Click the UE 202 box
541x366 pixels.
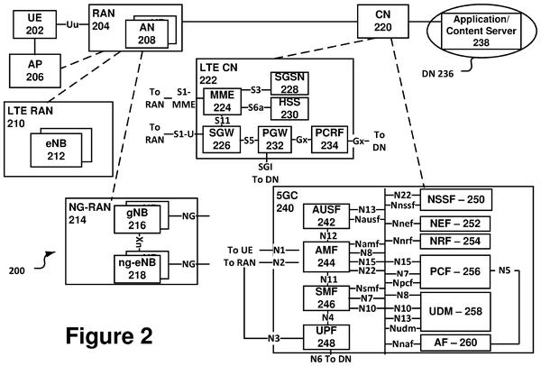click(x=35, y=24)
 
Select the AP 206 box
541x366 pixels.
click(x=35, y=71)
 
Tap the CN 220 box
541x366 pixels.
click(x=383, y=21)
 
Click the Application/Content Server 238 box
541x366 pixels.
click(x=481, y=31)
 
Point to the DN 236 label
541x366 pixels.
click(x=437, y=74)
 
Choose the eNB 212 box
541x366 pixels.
click(x=56, y=150)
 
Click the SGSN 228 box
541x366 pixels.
click(x=289, y=83)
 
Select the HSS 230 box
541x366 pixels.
click(x=289, y=109)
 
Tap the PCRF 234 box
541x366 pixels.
click(x=329, y=140)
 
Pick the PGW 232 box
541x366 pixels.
click(x=275, y=140)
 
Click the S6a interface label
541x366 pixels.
click(x=256, y=107)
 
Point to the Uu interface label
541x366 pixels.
click(x=72, y=24)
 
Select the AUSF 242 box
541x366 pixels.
click(x=326, y=216)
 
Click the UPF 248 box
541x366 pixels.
click(x=326, y=337)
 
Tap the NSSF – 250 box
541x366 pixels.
click(x=455, y=199)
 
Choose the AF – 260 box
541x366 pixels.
click(x=455, y=343)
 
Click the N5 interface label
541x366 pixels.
click(x=504, y=270)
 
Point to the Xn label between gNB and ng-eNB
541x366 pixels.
click(x=139, y=242)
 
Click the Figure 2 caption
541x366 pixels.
click(x=109, y=335)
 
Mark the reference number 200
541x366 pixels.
click(x=17, y=270)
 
